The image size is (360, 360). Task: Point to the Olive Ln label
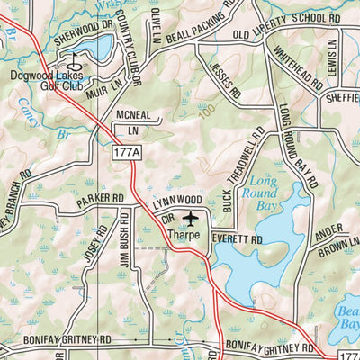[x=156, y=22]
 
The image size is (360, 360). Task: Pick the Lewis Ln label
[x=331, y=55]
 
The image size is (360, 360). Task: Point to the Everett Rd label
[x=236, y=241]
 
